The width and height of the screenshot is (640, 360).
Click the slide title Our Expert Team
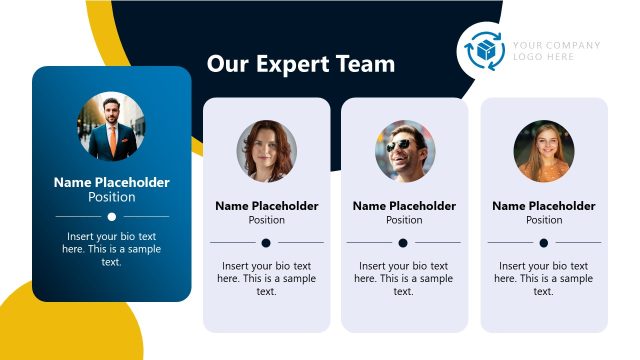(300, 64)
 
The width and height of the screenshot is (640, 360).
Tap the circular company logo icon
(486, 51)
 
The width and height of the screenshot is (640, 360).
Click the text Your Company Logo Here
(557, 51)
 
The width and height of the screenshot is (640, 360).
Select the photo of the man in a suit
(112, 127)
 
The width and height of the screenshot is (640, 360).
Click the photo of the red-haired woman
(267, 151)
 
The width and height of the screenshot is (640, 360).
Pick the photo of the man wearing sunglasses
(405, 151)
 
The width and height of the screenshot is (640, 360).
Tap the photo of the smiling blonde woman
(544, 151)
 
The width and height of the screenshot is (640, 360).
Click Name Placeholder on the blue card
(112, 182)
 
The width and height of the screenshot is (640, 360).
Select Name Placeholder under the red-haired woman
(267, 206)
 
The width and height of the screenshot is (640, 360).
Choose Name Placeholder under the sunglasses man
(404, 206)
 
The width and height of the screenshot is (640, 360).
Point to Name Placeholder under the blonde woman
(544, 206)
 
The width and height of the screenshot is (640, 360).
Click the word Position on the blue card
(112, 197)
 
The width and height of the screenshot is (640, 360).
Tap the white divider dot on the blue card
(112, 216)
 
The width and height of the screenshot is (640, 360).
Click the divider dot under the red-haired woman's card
(267, 242)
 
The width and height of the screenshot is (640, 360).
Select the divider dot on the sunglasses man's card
(403, 242)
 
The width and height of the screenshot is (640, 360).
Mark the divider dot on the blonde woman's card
(544, 242)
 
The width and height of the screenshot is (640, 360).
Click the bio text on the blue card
(112, 249)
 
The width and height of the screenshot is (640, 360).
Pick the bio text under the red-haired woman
(267, 278)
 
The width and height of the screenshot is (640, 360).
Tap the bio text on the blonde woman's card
(544, 278)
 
